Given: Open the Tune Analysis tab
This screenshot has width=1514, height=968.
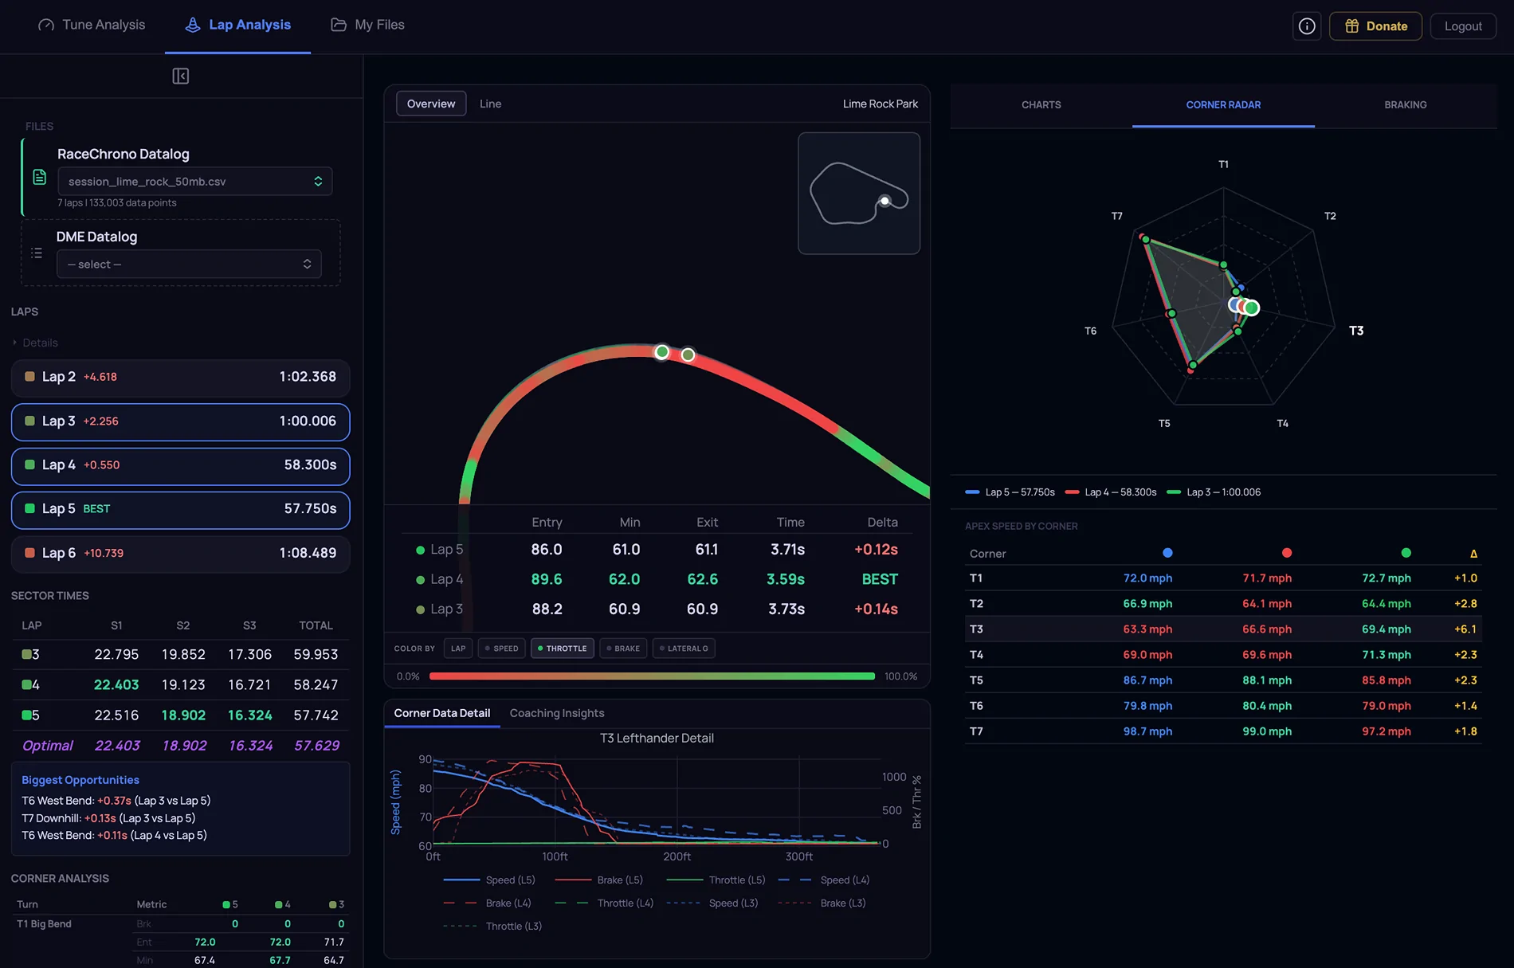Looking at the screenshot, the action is (x=92, y=25).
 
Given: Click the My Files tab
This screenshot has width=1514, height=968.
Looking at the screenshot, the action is (x=367, y=25).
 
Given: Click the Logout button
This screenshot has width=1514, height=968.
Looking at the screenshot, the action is (x=1463, y=26).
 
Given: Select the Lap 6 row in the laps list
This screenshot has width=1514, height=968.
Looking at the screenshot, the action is (x=180, y=553).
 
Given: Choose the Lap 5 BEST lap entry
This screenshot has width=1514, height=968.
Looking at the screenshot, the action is (x=180, y=509).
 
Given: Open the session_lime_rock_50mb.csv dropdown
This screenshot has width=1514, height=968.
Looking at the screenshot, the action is (x=194, y=181).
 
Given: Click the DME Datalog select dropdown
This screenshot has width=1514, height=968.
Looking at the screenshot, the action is (x=189, y=265).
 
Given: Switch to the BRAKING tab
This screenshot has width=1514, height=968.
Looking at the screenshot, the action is (x=1405, y=104).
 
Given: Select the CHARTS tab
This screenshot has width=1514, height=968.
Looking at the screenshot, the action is (x=1041, y=104).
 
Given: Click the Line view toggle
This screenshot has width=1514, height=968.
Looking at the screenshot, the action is (x=490, y=104).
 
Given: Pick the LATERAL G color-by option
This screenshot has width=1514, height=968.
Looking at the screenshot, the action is (x=684, y=649).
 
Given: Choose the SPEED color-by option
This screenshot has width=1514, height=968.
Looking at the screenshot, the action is (x=501, y=649).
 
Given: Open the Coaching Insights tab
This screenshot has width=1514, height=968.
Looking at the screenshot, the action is (x=557, y=713).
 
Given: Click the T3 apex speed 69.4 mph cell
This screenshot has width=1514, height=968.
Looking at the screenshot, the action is (x=1386, y=629).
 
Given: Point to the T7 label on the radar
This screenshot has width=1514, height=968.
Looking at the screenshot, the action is (x=1116, y=216).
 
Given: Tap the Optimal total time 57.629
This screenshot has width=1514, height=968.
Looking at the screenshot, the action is (x=316, y=746).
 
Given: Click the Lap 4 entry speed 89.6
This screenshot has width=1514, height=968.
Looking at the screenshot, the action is (x=547, y=579).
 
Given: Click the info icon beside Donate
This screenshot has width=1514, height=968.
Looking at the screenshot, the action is (x=1307, y=26).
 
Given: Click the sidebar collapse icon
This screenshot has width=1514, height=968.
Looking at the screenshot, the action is (x=181, y=76).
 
